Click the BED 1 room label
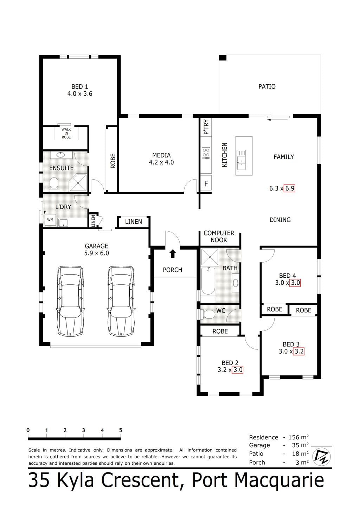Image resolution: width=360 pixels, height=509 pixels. tap(79, 86)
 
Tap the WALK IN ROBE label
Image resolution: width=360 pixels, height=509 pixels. tap(66, 133)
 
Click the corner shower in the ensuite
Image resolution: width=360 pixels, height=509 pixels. tap(78, 182)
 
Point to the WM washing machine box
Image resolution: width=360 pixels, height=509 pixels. tap(50, 220)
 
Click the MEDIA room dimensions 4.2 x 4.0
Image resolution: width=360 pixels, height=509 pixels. tap(161, 162)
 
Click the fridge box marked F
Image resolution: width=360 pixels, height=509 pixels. tap(206, 183)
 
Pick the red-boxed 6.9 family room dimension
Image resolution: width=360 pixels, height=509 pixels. tap(290, 188)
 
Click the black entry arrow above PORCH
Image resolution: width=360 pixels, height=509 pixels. tap(173, 253)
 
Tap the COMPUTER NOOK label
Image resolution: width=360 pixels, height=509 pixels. tap(219, 237)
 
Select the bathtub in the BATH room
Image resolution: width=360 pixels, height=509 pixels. tap(208, 281)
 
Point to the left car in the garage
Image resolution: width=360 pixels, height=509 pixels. tap(70, 301)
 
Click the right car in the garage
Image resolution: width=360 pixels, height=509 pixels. tap(121, 301)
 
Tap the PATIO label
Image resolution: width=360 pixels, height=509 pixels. tap(267, 86)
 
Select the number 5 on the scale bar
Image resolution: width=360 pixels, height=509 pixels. tap(121, 430)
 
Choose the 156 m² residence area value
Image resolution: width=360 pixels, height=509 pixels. tap(298, 437)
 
